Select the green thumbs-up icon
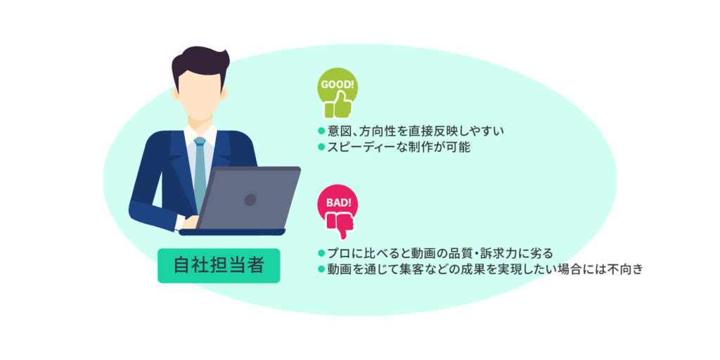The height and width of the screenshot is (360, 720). tap(338, 105)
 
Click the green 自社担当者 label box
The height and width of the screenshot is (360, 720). tap(219, 265)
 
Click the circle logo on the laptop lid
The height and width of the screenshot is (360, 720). tap(250, 200)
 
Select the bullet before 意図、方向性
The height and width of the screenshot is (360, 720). tap(321, 131)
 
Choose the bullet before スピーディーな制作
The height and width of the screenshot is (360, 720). tap(321, 147)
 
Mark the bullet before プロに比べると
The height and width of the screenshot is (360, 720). tap(321, 252)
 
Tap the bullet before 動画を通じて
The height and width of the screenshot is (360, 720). tap(321, 269)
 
